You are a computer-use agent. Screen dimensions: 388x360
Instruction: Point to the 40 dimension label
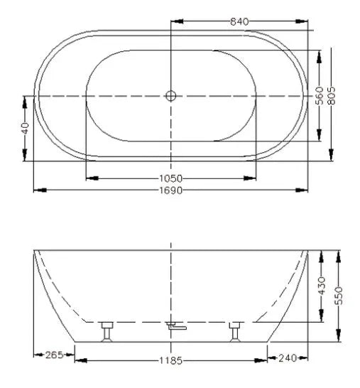click(x=24, y=129)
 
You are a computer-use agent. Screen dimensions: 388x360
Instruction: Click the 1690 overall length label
click(x=170, y=191)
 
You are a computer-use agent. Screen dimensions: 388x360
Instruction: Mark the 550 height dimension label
click(x=339, y=293)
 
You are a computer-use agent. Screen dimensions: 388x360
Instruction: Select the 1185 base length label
click(x=170, y=361)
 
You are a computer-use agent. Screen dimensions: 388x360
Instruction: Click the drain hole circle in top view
click(x=170, y=95)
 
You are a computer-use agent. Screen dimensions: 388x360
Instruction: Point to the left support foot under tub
click(x=108, y=330)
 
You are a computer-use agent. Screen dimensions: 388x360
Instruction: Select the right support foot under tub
click(x=234, y=330)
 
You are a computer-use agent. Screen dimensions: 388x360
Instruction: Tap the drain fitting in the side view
click(x=174, y=327)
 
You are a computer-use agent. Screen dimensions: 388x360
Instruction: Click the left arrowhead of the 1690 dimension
click(x=38, y=190)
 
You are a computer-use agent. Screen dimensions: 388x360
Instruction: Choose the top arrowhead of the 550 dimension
click(x=339, y=253)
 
